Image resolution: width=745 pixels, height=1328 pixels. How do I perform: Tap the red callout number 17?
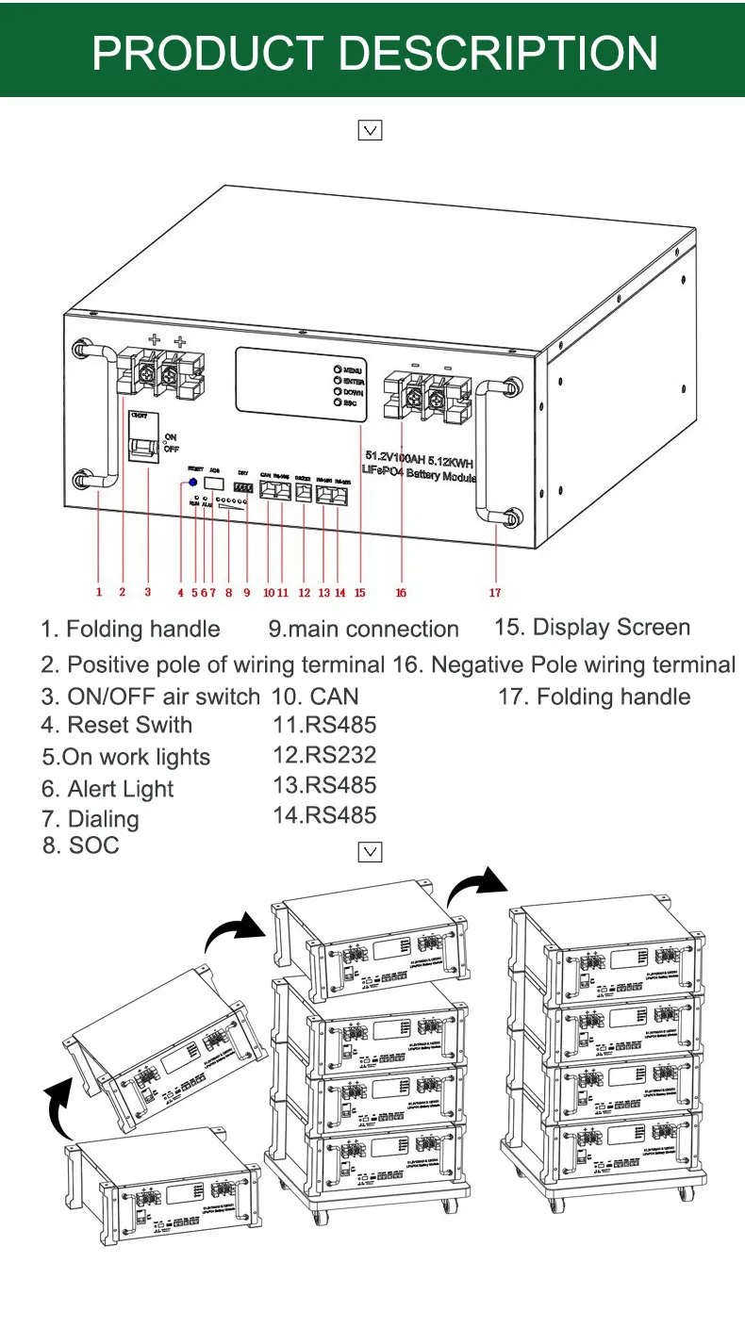pos(495,593)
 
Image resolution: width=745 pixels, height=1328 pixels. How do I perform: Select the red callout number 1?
pos(99,593)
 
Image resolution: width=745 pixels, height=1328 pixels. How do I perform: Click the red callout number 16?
pos(401,593)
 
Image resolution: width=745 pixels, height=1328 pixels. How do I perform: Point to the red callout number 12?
pos(304,593)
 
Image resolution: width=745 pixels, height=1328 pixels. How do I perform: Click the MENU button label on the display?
pos(353,369)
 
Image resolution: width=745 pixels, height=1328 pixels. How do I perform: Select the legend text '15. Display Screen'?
pos(592,628)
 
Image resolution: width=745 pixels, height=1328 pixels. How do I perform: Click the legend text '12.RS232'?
pos(324,755)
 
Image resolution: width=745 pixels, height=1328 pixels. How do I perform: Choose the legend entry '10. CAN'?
pos(315,697)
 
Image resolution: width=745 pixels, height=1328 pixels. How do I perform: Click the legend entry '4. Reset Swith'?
pos(116,726)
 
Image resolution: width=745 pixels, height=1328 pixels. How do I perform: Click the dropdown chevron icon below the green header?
pos(371,131)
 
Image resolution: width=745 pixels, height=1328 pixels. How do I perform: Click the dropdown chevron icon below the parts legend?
pos(371,852)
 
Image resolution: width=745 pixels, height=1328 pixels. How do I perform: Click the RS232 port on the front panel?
pos(304,490)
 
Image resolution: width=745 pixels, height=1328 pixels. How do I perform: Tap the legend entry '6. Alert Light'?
pos(108,789)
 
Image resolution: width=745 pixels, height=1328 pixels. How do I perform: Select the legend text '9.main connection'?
pos(363,630)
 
